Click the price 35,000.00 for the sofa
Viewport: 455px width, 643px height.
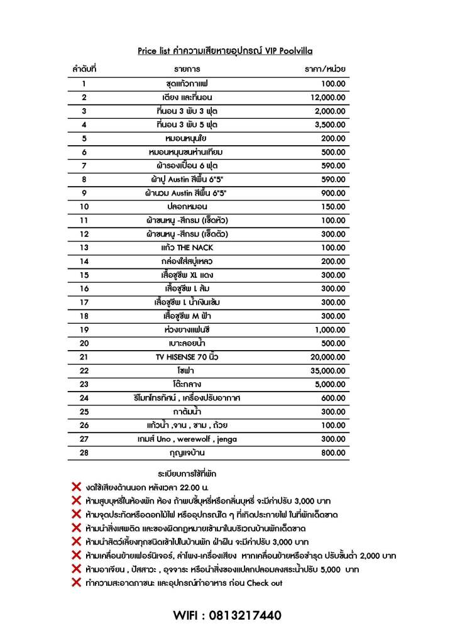click(328, 371)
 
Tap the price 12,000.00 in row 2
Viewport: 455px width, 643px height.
click(328, 97)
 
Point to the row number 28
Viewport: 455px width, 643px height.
click(84, 453)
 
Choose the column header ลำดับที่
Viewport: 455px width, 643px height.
click(84, 69)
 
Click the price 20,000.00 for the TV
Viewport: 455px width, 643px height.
click(328, 357)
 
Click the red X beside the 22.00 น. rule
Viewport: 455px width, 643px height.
click(77, 486)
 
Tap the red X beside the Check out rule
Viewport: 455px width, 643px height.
click(77, 583)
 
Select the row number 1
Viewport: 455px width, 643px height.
click(84, 84)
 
